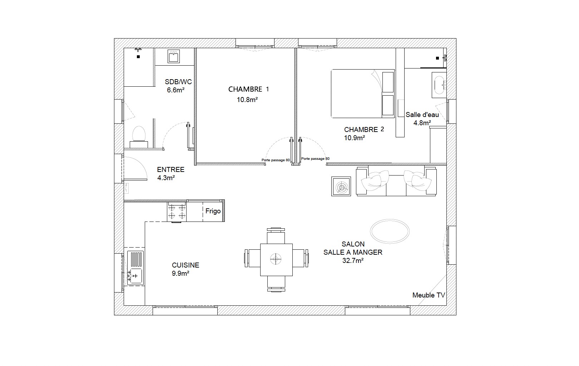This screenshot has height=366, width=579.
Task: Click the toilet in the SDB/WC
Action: pos(139,137)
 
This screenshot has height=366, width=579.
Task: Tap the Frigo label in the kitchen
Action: pos(213,211)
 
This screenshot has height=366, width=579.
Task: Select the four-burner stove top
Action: pos(177,212)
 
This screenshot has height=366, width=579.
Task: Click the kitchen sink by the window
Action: pos(135,268)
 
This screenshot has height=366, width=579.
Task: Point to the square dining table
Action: pos(276,260)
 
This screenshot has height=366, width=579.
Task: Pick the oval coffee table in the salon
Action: pos(390,231)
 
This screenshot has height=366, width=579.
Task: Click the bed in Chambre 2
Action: pos(363,93)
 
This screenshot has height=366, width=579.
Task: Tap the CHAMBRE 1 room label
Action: pos(249,89)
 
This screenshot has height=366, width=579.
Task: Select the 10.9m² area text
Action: pos(355,138)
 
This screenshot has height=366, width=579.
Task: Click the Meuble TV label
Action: pos(429,295)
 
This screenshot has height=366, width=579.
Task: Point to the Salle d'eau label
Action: pos(422,115)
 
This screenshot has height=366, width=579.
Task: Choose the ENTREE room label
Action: pos(170,169)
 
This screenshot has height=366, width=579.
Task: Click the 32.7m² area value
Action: pos(353,260)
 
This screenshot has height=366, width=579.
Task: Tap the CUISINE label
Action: pos(185,265)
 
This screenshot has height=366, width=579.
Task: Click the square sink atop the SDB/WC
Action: pos(173,56)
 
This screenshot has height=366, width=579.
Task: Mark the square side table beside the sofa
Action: pos(341,186)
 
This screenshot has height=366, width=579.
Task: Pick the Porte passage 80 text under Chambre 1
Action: pos(276,160)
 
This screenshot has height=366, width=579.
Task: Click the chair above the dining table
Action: pos(276,236)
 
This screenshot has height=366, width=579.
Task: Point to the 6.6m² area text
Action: pos(175,90)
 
